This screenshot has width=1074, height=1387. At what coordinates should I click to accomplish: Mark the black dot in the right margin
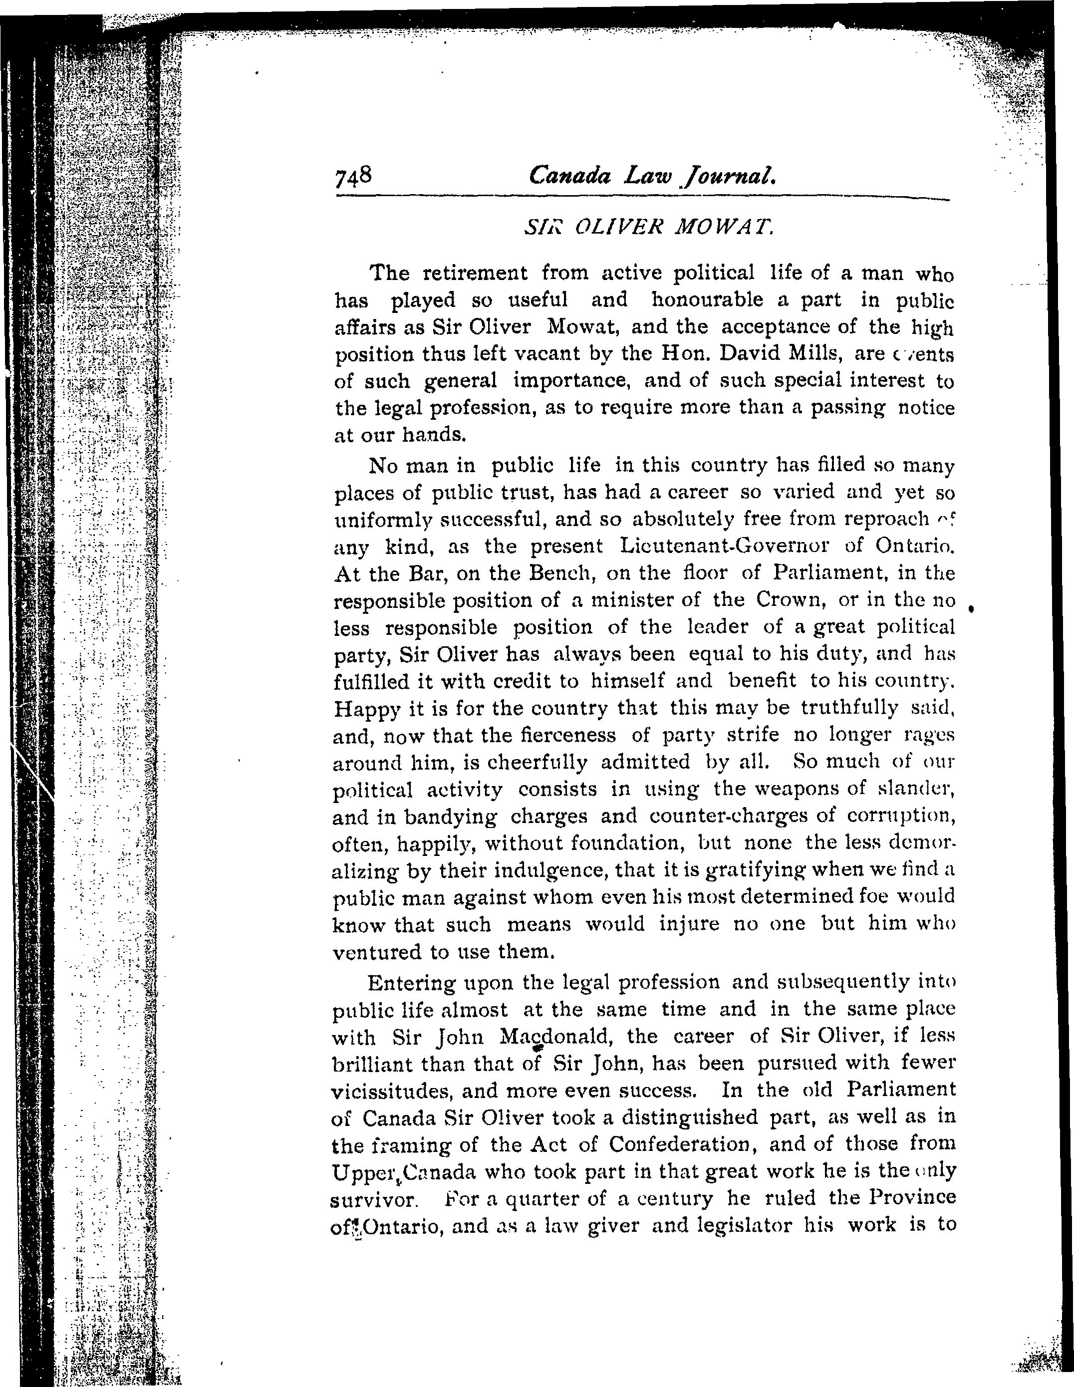[971, 609]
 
